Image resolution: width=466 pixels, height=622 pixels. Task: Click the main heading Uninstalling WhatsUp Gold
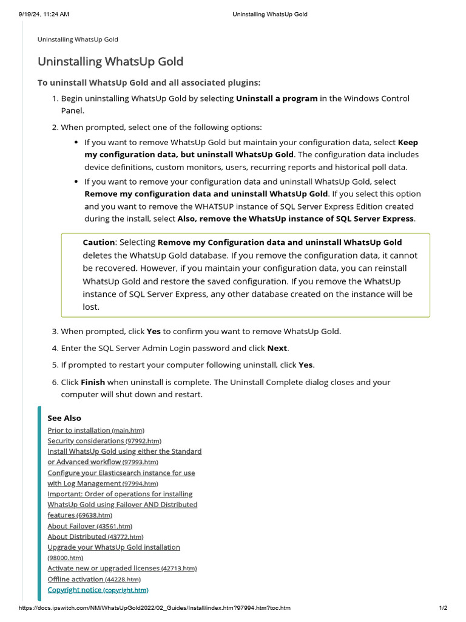(x=110, y=61)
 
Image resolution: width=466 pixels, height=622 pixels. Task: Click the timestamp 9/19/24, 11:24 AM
(x=39, y=14)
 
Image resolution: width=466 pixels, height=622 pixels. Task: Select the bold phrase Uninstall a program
(x=276, y=98)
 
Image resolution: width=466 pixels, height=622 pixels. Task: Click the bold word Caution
(x=98, y=242)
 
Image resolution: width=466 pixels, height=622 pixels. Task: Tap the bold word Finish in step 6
(x=92, y=382)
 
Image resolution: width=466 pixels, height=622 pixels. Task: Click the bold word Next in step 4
(x=277, y=348)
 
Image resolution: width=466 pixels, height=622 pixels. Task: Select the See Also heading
(x=64, y=418)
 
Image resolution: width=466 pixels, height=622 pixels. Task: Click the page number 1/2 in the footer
(x=443, y=608)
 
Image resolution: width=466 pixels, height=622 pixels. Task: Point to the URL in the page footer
(x=155, y=608)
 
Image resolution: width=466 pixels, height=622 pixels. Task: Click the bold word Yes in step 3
(x=154, y=332)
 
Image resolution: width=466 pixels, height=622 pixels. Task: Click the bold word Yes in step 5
(x=305, y=365)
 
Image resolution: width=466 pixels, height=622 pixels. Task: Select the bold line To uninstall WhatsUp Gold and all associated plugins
(x=149, y=83)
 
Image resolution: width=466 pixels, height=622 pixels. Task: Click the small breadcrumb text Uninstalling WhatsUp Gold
(x=78, y=39)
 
